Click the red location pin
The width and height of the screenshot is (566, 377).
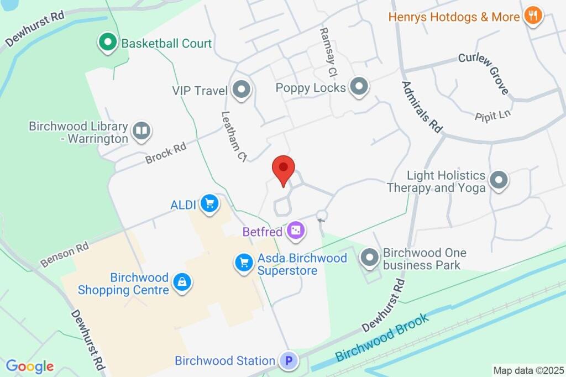point(284,169)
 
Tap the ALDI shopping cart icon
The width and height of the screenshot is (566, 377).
point(209,204)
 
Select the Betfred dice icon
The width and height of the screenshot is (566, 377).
point(296,231)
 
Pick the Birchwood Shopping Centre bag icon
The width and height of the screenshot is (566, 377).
point(181,282)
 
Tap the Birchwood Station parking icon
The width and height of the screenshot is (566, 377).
point(287,362)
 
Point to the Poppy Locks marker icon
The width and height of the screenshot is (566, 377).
point(360,87)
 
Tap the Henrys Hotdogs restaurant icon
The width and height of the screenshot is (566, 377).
point(533,16)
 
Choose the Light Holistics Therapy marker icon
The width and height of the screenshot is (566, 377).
point(499,181)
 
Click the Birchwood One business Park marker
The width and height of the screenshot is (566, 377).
point(369,258)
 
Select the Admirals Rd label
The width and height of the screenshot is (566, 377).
point(422,107)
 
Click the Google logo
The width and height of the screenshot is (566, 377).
point(30,366)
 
